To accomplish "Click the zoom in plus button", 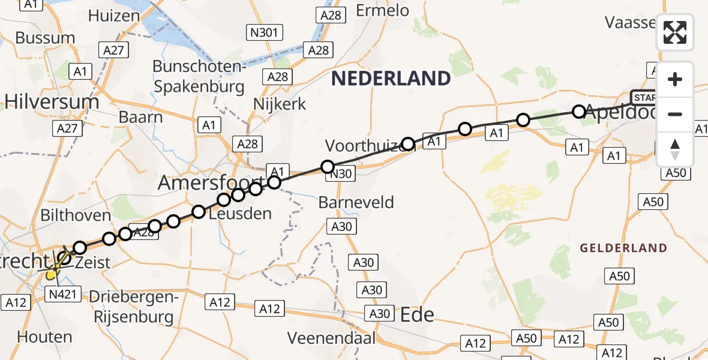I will [x=675, y=80].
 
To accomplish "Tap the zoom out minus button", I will [x=675, y=114].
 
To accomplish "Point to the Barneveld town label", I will [x=356, y=202].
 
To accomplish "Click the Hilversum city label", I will [x=52, y=102].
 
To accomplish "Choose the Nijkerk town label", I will [x=280, y=104].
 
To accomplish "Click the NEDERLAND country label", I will [x=391, y=78].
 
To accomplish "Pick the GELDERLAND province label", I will [x=623, y=248].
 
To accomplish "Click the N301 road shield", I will [x=263, y=32].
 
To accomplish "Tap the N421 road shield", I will [x=62, y=293].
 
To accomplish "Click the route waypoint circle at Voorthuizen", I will [x=409, y=144].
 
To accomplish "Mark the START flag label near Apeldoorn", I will [x=644, y=98].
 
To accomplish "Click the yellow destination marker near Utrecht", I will [x=52, y=275].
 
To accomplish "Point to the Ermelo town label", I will [x=382, y=10].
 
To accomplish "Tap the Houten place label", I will [x=45, y=337].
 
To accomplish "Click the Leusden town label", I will [x=240, y=213].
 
